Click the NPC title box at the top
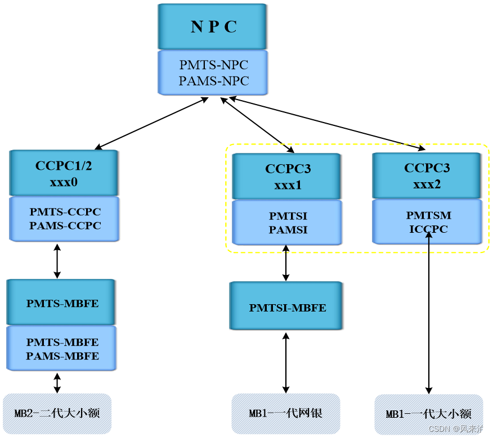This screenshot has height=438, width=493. pos(213,26)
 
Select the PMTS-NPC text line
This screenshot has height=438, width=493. pos(213,65)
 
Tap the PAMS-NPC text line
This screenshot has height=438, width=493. pos(213,81)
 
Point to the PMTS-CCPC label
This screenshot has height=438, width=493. pos(65,212)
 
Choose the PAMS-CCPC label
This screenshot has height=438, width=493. pos(65,225)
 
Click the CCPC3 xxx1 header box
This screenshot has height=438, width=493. pos(288,177)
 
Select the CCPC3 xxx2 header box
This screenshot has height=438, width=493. pos(427,175)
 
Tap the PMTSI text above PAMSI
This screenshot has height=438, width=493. pos(288,216)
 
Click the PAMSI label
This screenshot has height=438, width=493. pos(288,229)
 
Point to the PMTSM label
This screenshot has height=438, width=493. pos(428,215)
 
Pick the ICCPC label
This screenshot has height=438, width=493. pos(428,229)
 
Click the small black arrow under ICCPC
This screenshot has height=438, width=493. pos(429,238)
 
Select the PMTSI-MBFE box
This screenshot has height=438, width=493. pos(287,307)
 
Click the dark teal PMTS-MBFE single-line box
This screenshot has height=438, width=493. pos(62,303)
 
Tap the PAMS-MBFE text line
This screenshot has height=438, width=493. pos(62,356)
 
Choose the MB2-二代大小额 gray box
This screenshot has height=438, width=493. pos(57,413)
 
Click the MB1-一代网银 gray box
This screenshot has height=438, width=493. pos(286,413)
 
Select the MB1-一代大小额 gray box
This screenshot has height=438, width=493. pos(428,414)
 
